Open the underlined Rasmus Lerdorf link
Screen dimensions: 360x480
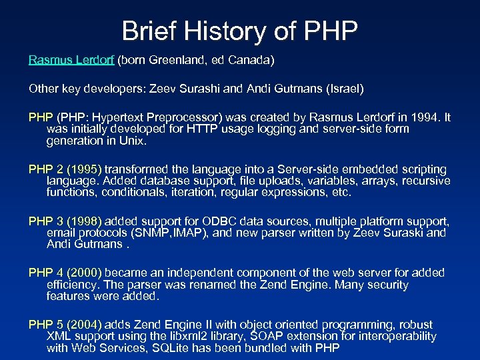pos(72,60)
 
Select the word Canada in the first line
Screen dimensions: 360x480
pos(251,60)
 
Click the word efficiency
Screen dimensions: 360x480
pos(72,284)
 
